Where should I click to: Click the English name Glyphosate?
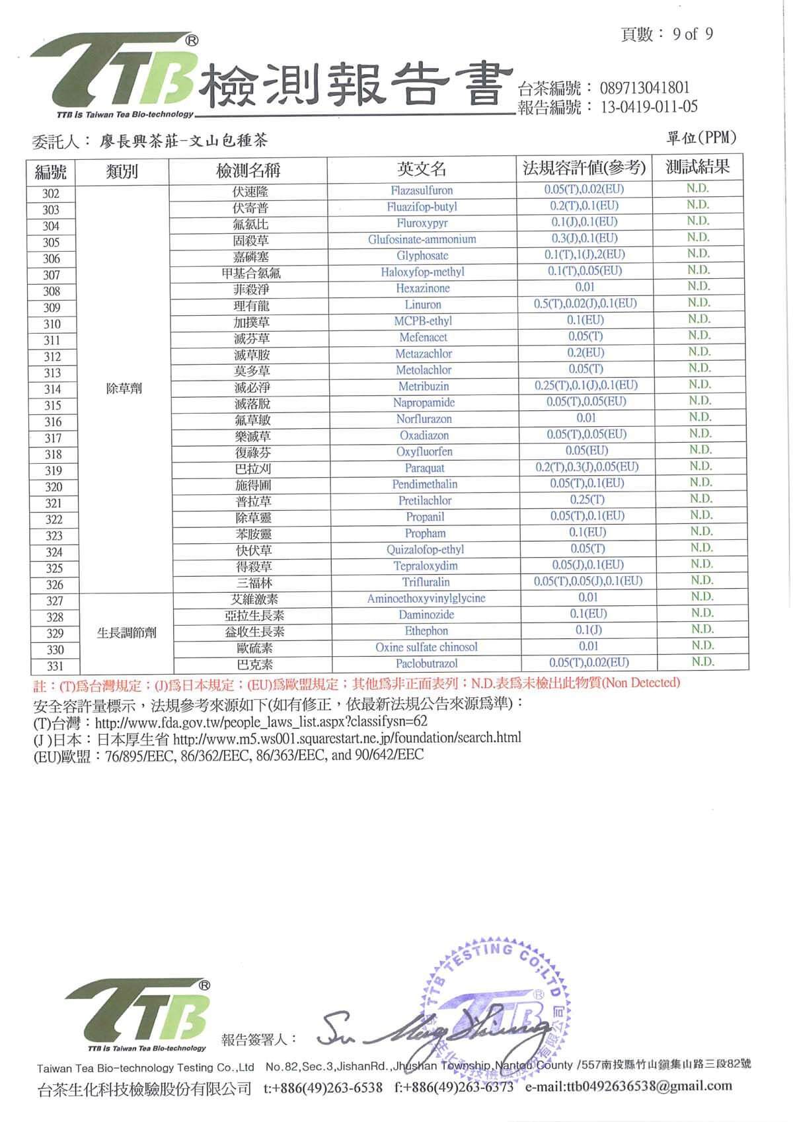422,256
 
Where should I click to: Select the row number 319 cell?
52,470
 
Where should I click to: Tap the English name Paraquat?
424,468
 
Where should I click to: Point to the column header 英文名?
422,170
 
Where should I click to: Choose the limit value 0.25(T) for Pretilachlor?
587,500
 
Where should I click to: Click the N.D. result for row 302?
697,188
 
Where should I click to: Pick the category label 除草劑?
124,389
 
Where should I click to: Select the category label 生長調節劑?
127,632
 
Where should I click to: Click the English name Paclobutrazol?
426,663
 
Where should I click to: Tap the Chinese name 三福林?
254,583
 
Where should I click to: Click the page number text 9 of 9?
692,34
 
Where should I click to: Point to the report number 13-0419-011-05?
648,107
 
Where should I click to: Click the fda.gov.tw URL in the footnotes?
261,722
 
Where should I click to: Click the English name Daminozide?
426,615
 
